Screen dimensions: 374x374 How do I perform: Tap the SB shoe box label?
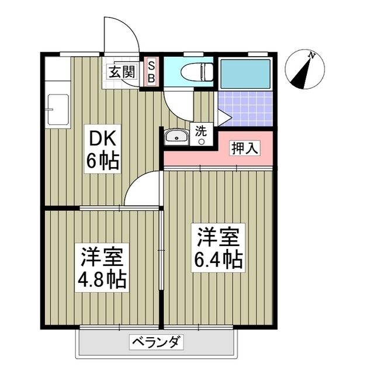150,71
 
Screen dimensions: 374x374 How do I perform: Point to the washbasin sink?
175,137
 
